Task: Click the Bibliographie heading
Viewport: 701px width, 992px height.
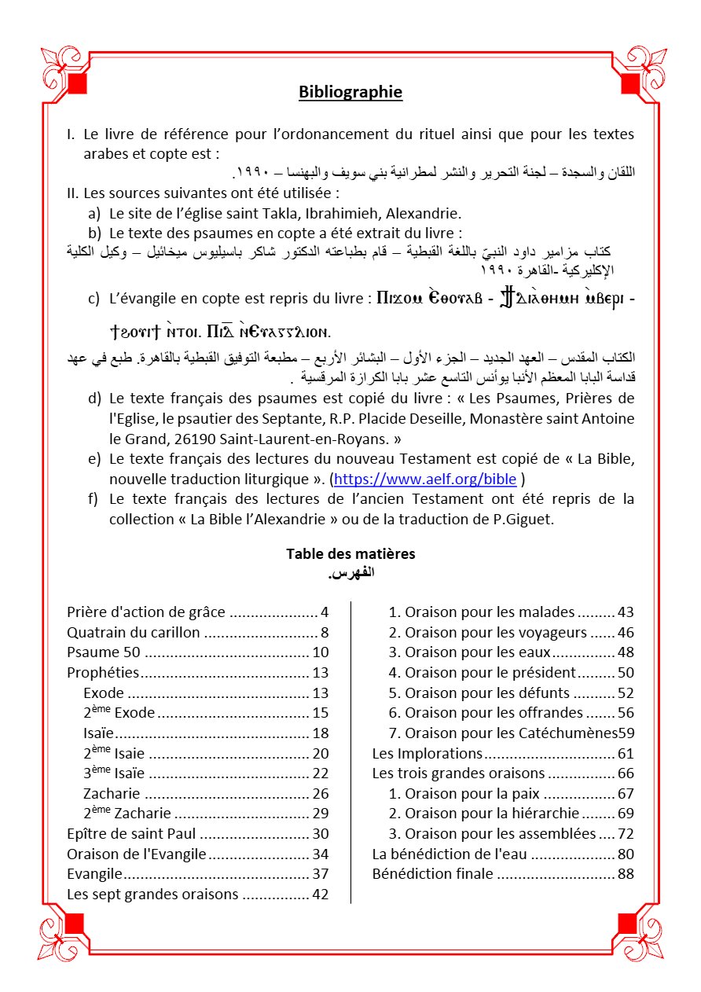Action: pos(350,92)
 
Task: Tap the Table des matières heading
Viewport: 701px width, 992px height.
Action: pos(350,553)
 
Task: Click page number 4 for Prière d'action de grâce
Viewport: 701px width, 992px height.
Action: pos(325,612)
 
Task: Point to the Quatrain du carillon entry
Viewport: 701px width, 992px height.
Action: pos(134,632)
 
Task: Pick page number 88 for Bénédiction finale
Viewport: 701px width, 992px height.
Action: pos(626,873)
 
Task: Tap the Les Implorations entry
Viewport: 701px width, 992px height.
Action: pos(428,753)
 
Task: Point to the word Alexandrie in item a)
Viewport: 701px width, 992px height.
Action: pos(425,213)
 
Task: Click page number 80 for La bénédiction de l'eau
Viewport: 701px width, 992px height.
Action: pos(626,854)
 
